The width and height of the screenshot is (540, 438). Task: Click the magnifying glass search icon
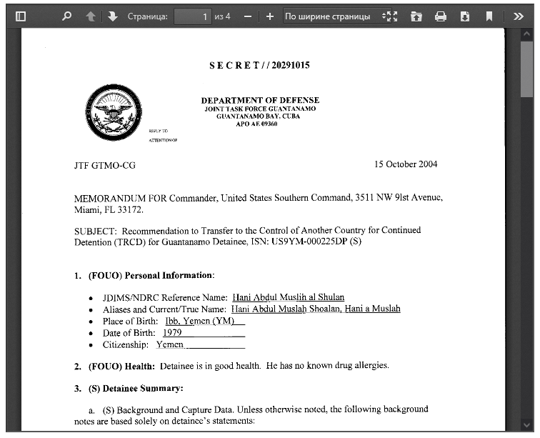tap(66, 16)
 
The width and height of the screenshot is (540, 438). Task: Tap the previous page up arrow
tap(90, 16)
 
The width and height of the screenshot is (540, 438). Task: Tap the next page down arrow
tap(113, 16)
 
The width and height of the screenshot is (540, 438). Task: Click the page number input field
tap(193, 16)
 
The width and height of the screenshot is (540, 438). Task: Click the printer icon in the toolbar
tap(441, 16)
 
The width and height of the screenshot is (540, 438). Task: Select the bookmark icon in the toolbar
tap(489, 16)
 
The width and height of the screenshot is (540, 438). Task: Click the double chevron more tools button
tap(519, 16)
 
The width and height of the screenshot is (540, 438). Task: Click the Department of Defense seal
tap(111, 113)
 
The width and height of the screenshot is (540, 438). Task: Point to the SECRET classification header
tap(259, 66)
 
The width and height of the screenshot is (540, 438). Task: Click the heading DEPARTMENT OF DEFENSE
tap(260, 100)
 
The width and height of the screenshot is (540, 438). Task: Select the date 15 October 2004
tap(406, 164)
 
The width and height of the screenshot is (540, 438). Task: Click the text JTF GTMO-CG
tap(104, 166)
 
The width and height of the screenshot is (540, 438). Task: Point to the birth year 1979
tap(172, 332)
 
